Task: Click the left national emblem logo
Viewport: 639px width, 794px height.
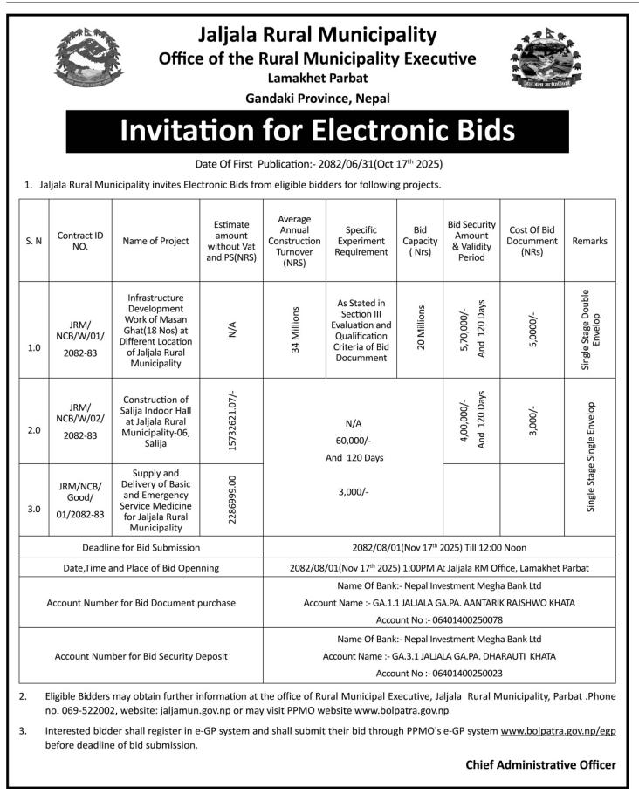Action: tap(88, 58)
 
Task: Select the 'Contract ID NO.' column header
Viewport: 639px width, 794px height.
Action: tap(80, 241)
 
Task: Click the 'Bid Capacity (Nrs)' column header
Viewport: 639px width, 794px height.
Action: tap(420, 241)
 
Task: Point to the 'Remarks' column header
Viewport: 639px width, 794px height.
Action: tap(591, 241)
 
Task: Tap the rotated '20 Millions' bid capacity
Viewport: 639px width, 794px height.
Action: tap(420, 329)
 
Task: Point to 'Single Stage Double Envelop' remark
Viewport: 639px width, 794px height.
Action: tap(591, 329)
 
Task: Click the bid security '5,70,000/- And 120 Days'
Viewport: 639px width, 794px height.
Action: tap(473, 329)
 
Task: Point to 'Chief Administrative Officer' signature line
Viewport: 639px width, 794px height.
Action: tap(540, 764)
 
